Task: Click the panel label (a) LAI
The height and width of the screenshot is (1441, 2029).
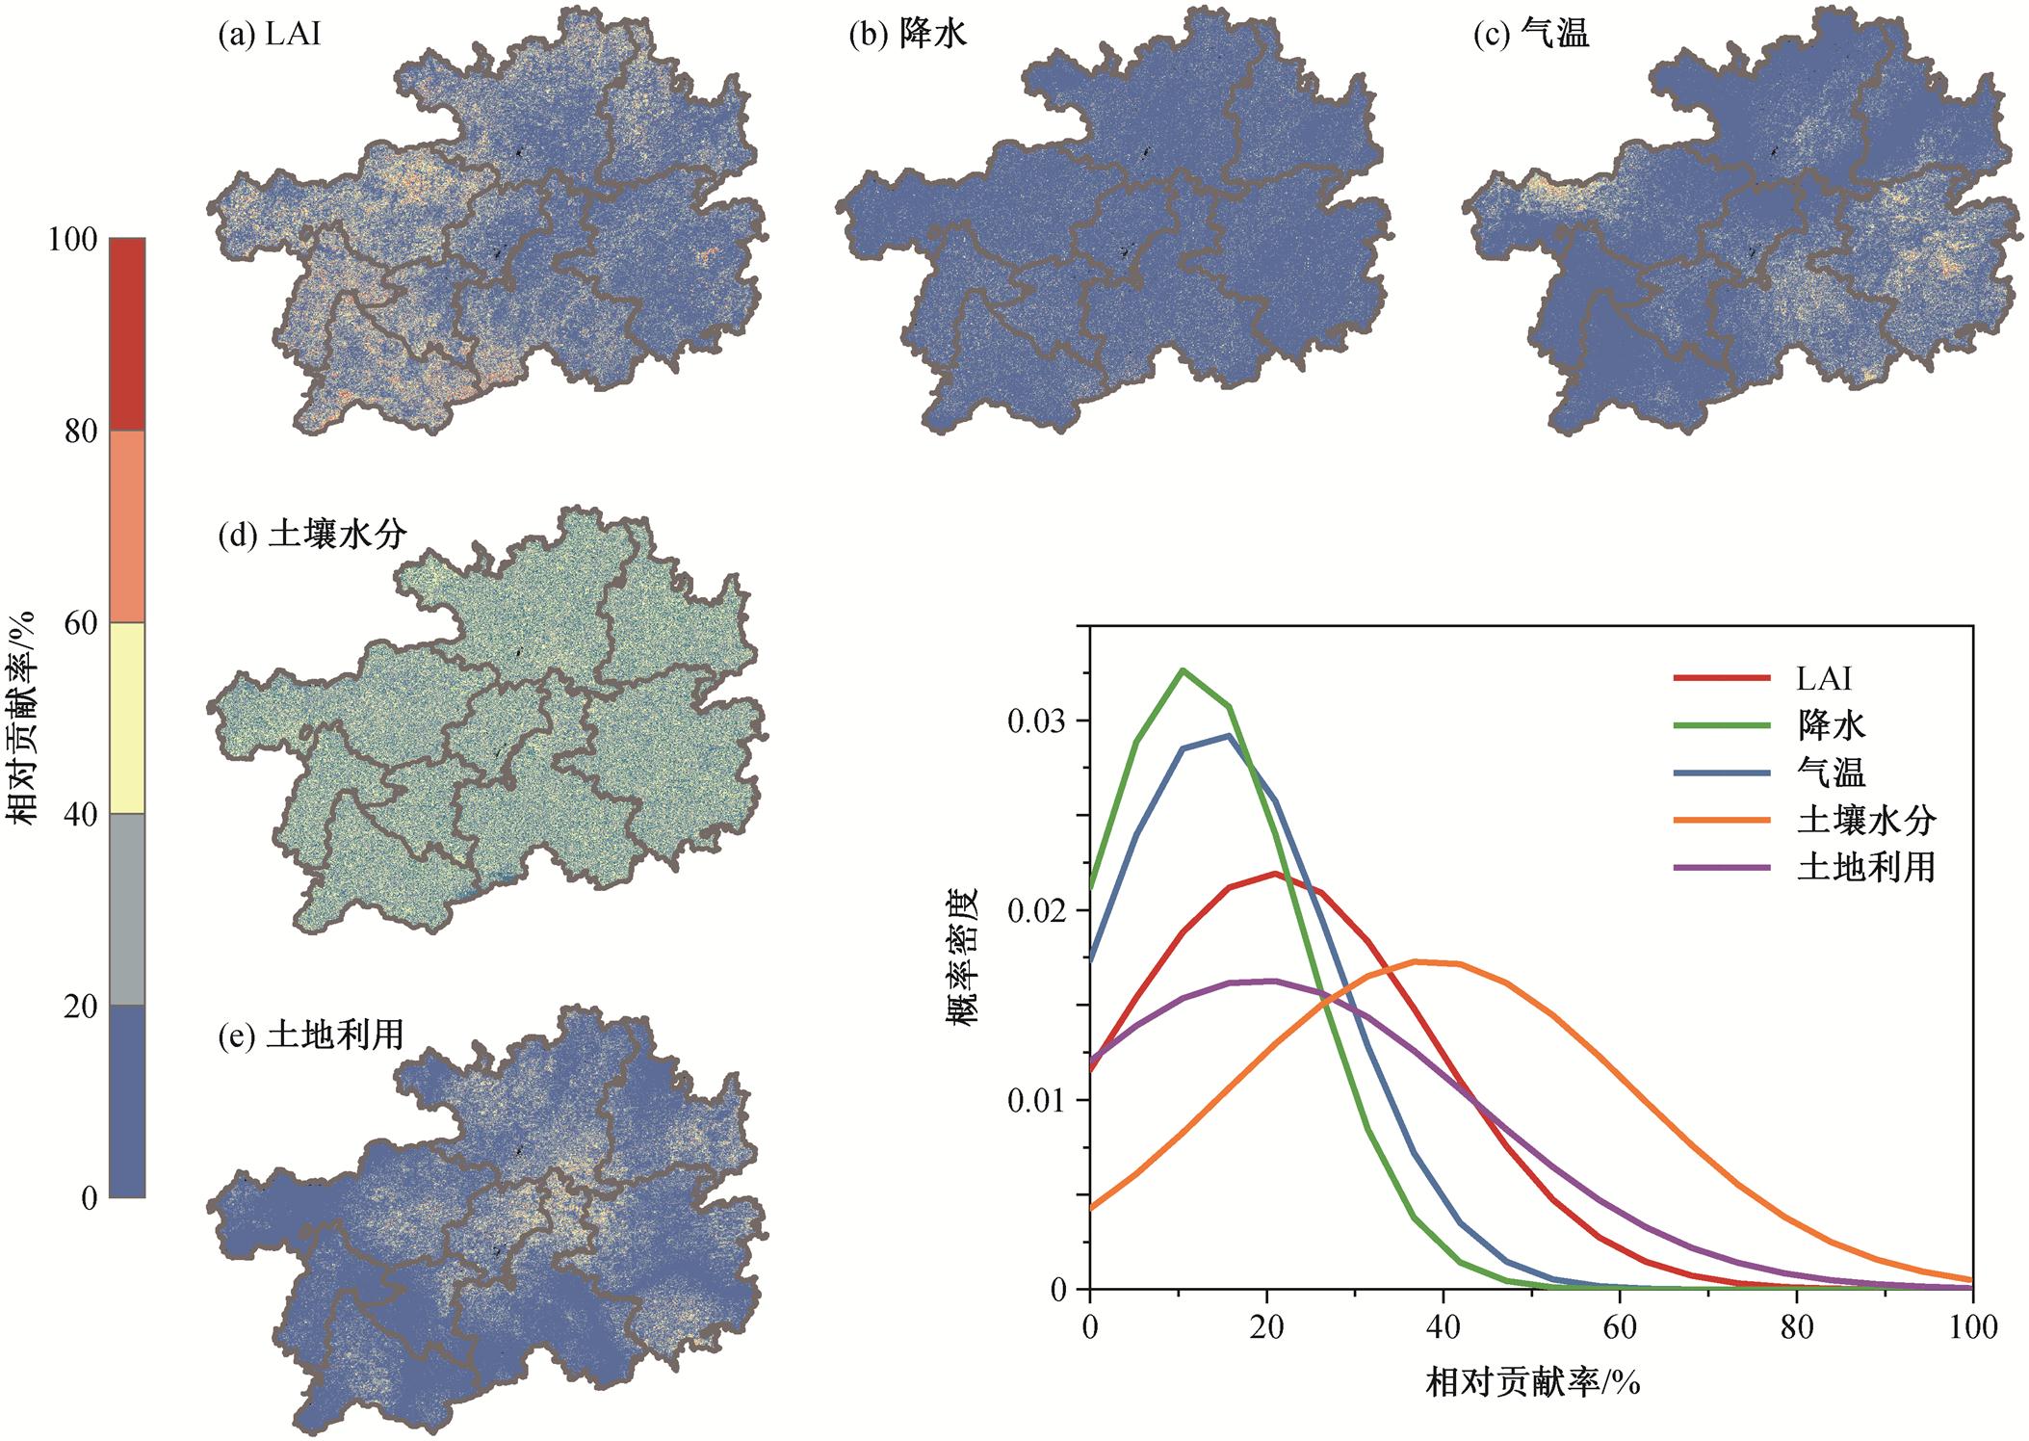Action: [x=269, y=35]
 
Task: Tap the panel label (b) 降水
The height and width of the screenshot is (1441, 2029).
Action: [x=907, y=35]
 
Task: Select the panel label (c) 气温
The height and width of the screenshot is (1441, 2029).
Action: [x=1531, y=35]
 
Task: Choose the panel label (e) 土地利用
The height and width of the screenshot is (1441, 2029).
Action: [x=311, y=1035]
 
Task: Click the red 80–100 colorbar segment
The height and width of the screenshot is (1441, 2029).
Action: [x=127, y=334]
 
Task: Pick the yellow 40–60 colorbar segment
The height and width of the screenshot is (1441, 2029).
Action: [x=127, y=718]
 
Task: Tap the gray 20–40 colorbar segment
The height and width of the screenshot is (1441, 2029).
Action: [x=127, y=909]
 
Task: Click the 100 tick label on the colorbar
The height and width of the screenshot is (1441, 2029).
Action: [x=72, y=239]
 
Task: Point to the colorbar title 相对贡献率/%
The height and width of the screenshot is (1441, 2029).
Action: [x=23, y=718]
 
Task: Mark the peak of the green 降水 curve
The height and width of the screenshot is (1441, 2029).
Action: [x=1183, y=670]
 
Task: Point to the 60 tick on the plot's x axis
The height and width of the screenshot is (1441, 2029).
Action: [x=1620, y=1328]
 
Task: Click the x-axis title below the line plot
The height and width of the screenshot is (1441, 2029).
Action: [x=1531, y=1384]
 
